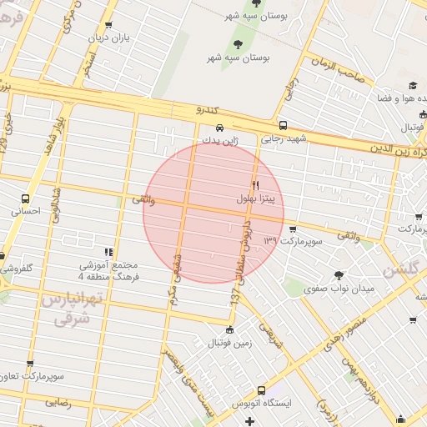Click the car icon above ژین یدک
(x=219, y=128)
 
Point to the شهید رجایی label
(x=284, y=139)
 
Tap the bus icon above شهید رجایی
(x=283, y=125)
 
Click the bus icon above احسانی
(x=25, y=199)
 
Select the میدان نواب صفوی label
(x=339, y=289)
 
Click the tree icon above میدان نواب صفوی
(x=339, y=275)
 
